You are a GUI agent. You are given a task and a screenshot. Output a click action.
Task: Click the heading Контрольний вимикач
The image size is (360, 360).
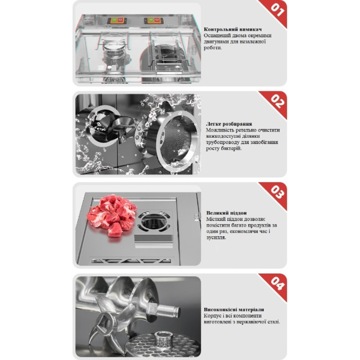point(233,29)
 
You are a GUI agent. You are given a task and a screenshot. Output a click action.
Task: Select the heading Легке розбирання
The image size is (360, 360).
point(229,124)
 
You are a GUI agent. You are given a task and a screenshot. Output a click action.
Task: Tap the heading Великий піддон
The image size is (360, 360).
point(226,213)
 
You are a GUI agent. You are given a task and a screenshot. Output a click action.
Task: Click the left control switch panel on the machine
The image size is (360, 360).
point(117,21)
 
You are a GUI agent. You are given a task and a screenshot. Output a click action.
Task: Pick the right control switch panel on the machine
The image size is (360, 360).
point(154,21)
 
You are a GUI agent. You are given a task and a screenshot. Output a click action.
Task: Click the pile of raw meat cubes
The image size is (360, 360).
point(112,215)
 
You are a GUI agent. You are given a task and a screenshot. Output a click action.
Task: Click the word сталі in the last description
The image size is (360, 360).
point(274,322)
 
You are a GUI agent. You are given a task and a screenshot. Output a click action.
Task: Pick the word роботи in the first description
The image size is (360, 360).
point(213,48)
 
